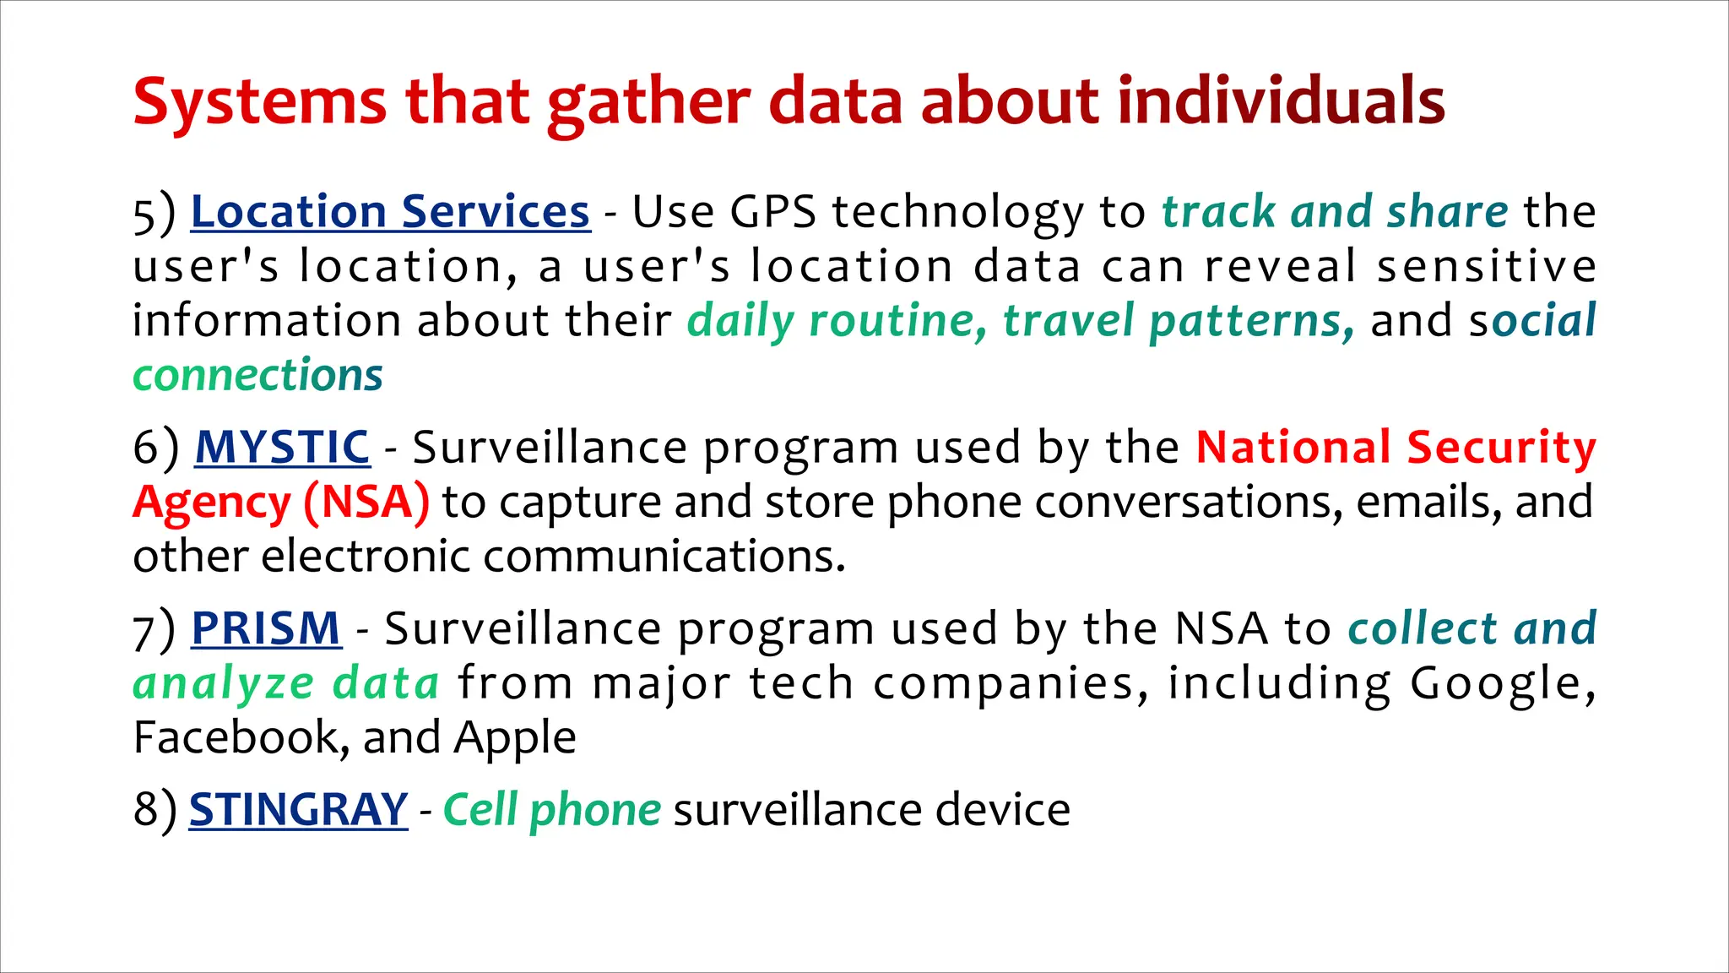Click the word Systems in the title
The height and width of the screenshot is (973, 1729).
tap(259, 102)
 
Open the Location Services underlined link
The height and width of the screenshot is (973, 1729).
tap(390, 211)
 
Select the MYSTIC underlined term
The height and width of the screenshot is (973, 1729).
tap(282, 447)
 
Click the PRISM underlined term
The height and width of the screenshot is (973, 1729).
tap(266, 628)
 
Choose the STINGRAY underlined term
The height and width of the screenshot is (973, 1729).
tap(298, 809)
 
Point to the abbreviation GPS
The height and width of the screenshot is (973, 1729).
tap(772, 211)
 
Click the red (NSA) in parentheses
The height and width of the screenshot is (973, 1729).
tap(366, 502)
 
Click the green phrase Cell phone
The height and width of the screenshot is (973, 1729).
tap(551, 809)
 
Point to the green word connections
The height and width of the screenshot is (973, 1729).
tap(257, 375)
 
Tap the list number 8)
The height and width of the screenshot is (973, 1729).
tap(154, 810)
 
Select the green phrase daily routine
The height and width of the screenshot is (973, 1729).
tap(836, 322)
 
